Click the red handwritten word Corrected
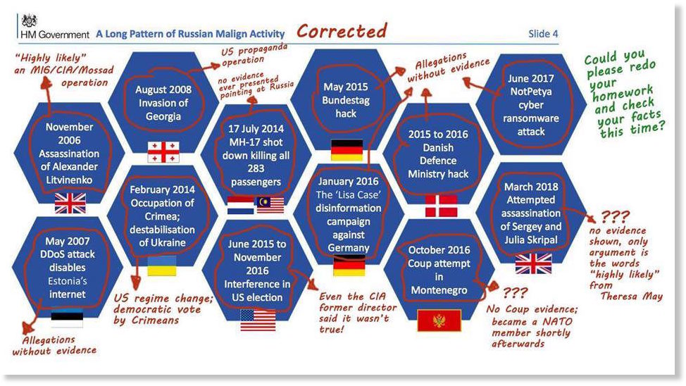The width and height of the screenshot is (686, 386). [x=342, y=31]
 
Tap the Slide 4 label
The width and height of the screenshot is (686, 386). [x=543, y=34]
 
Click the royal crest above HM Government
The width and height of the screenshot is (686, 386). [x=30, y=20]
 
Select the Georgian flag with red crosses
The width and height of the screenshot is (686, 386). [x=163, y=152]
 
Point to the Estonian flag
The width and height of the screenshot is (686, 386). [x=67, y=318]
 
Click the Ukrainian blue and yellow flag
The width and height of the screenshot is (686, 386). [x=162, y=266]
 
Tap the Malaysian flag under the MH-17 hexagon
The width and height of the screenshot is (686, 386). [x=270, y=205]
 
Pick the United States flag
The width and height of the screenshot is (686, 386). [x=258, y=320]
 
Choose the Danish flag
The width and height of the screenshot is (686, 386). [x=441, y=206]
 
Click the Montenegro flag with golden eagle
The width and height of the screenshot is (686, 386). [x=439, y=321]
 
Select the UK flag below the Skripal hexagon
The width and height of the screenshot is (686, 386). [x=533, y=264]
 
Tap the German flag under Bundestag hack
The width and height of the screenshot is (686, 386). [x=347, y=150]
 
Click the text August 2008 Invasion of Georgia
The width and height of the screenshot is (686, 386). [x=163, y=103]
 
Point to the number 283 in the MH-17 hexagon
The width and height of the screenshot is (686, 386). [x=256, y=168]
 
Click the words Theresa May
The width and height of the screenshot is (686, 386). [x=631, y=297]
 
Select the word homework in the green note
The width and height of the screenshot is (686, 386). [x=623, y=93]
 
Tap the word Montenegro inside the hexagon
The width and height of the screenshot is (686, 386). [x=439, y=290]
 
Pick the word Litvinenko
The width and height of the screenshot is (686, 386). [x=69, y=180]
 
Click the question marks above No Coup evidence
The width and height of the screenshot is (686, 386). [x=515, y=292]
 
